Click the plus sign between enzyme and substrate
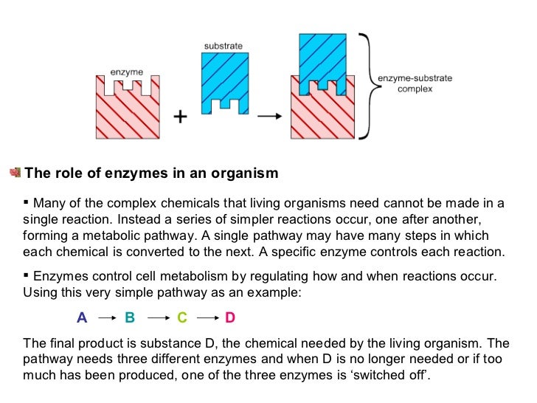(179, 117)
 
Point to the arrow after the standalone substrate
(271, 116)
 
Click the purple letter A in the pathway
(82, 318)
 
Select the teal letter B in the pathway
(130, 318)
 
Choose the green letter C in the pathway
(182, 318)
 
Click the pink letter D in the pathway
(229, 318)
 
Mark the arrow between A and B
(107, 318)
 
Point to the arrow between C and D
(207, 318)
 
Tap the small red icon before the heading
(15, 173)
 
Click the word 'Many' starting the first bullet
(50, 204)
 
